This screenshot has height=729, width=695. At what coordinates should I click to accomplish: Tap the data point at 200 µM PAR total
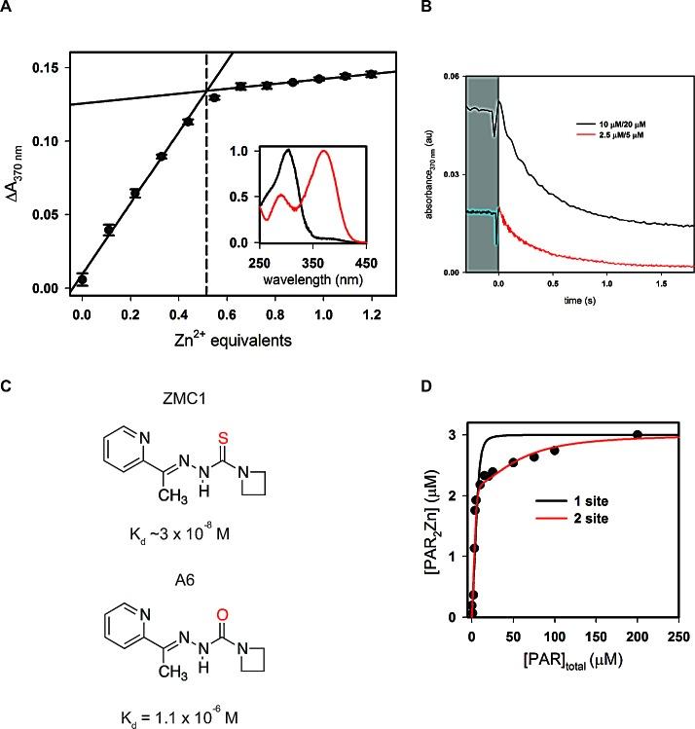click(x=638, y=435)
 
